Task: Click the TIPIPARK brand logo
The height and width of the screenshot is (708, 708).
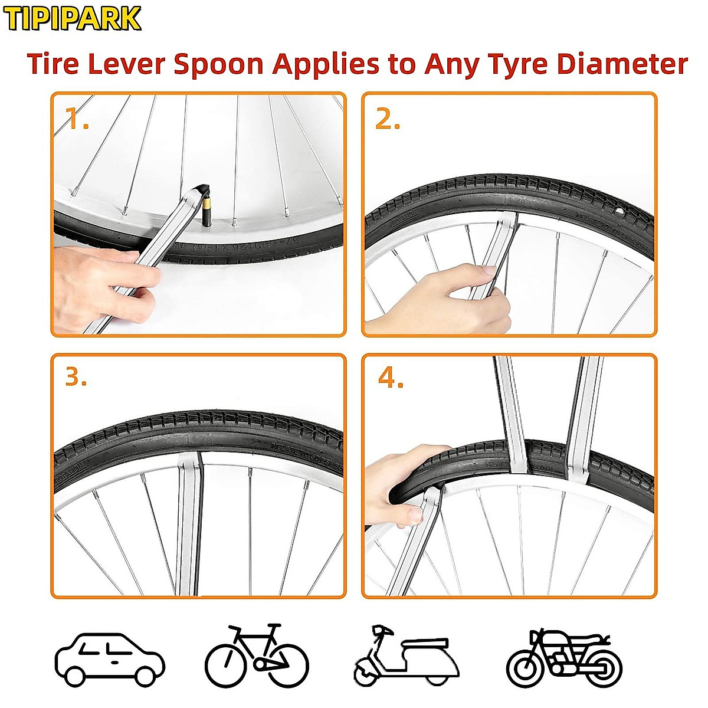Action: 72,19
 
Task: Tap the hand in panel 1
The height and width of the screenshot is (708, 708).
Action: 100,277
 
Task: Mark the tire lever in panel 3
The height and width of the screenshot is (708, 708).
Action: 189,519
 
